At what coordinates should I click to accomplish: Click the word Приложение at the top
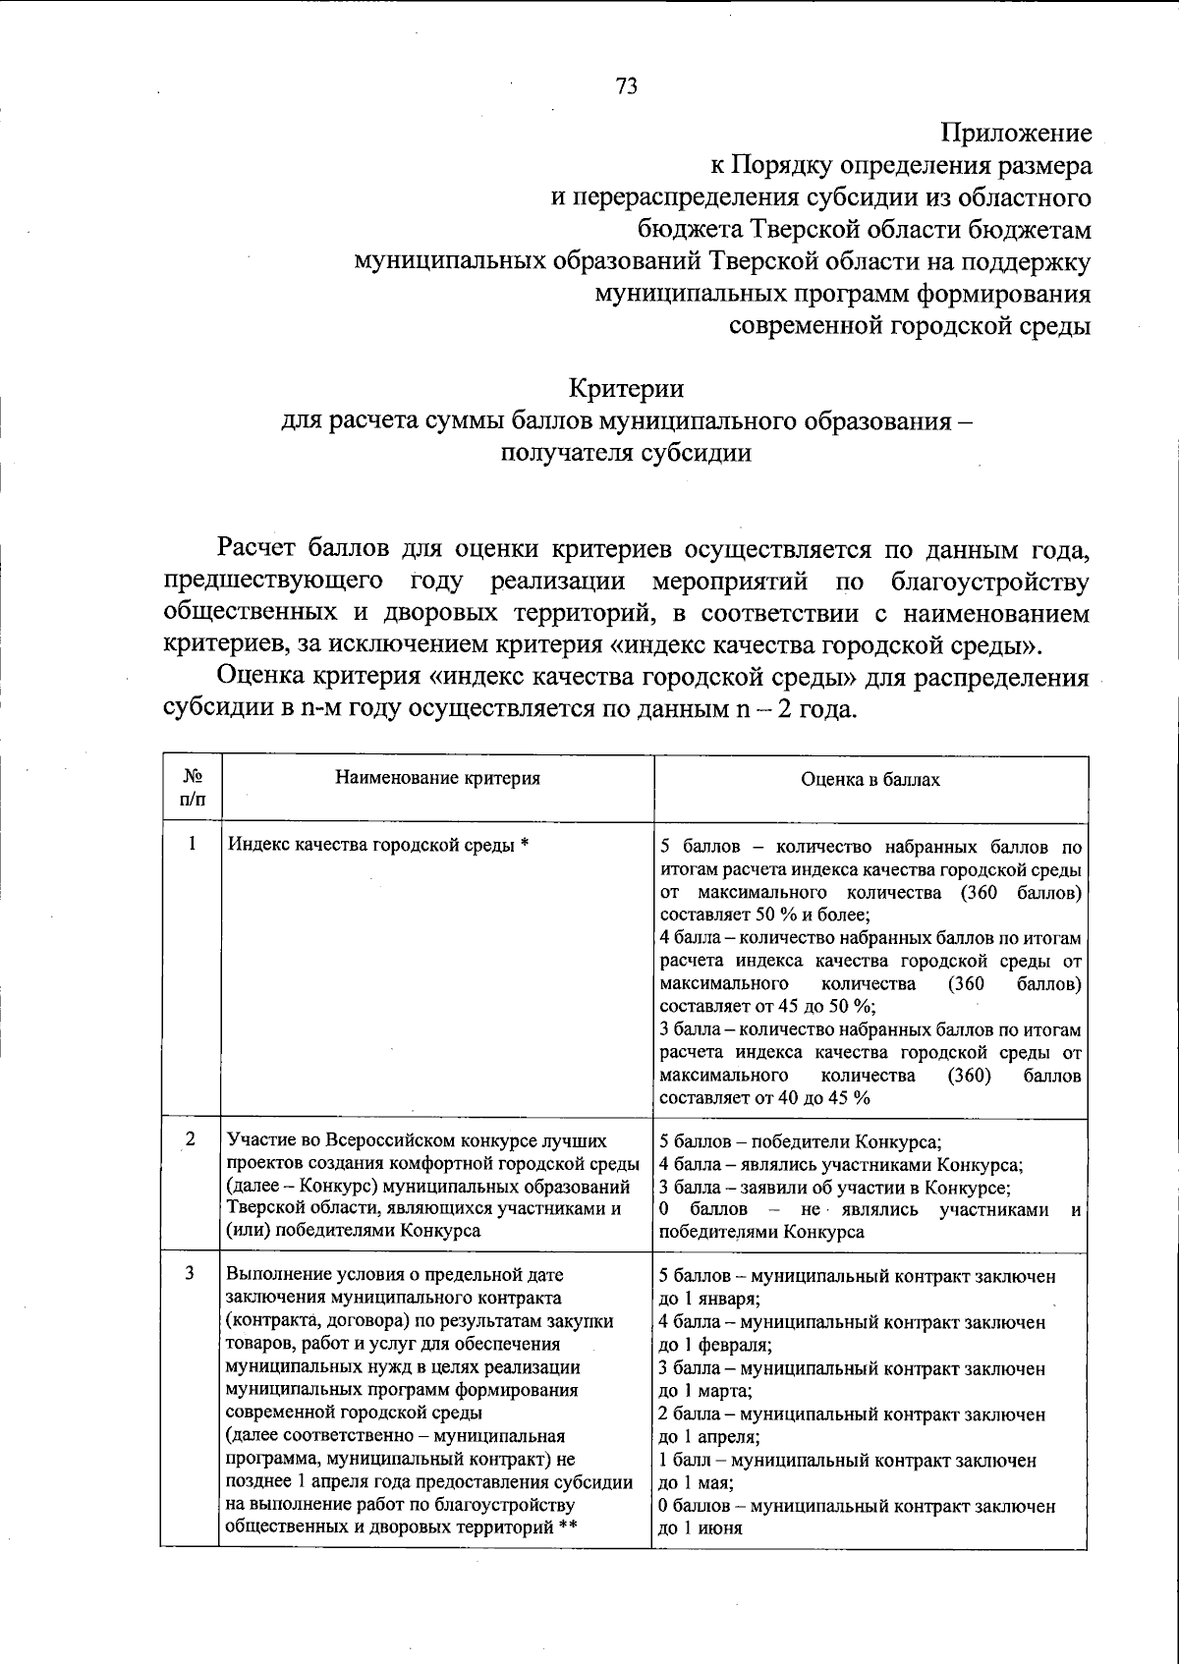1016,132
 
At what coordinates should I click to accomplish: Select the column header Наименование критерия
437,779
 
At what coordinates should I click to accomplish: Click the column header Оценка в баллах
870,779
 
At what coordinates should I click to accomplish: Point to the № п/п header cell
192,788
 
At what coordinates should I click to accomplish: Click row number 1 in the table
192,844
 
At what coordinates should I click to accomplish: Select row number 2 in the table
190,1138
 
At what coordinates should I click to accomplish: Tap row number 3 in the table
190,1274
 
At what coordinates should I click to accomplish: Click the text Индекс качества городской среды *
378,846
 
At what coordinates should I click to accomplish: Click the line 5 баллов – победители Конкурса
801,1141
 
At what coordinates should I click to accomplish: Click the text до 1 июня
700,1528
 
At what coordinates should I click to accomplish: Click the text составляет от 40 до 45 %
764,1098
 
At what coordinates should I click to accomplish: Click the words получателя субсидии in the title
626,454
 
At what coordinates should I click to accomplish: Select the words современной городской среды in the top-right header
909,326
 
